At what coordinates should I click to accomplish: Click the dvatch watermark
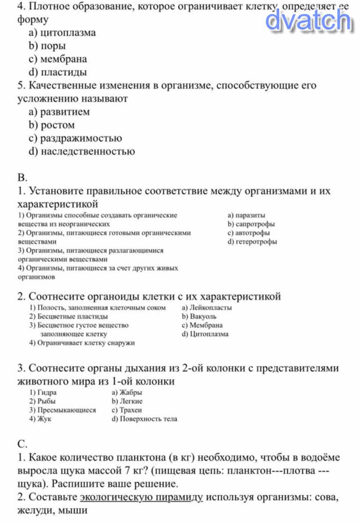[x=309, y=20]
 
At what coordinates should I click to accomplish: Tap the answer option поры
[x=53, y=46]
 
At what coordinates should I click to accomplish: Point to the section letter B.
[x=22, y=178]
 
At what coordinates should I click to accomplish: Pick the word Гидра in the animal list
[x=46, y=393]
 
